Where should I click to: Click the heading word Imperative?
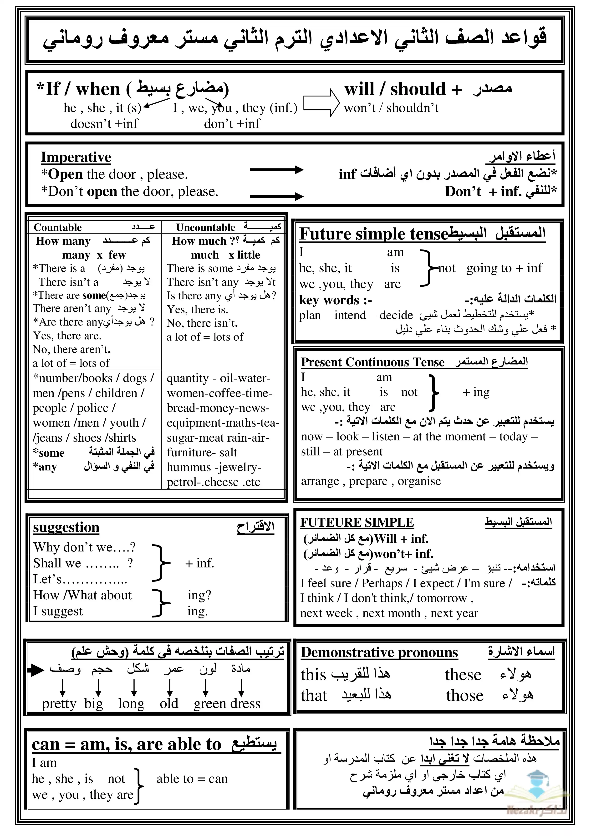click(76, 157)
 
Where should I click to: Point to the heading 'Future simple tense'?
click(373, 234)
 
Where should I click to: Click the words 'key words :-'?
click(335, 300)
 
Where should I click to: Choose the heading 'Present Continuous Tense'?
click(372, 362)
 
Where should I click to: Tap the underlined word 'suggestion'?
click(66, 527)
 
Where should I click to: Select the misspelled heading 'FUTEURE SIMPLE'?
click(357, 522)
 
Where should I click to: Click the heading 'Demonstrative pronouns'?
click(379, 652)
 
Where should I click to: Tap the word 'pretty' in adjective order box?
click(59, 703)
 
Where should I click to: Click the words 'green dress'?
click(227, 703)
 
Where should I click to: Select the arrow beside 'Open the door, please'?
click(276, 169)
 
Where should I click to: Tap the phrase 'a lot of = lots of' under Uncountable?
click(205, 337)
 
